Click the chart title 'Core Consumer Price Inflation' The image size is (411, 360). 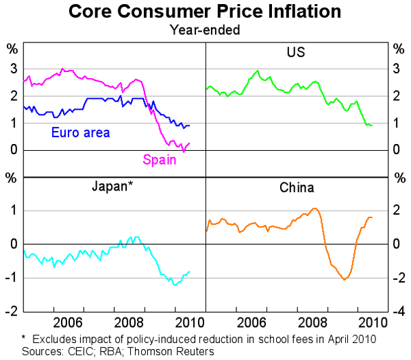click(206, 12)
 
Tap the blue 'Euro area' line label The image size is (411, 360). click(81, 132)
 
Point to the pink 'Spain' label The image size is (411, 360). click(160, 160)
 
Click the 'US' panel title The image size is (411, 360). click(296, 52)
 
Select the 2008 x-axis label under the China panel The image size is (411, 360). click(307, 322)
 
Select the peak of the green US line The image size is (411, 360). click(258, 71)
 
